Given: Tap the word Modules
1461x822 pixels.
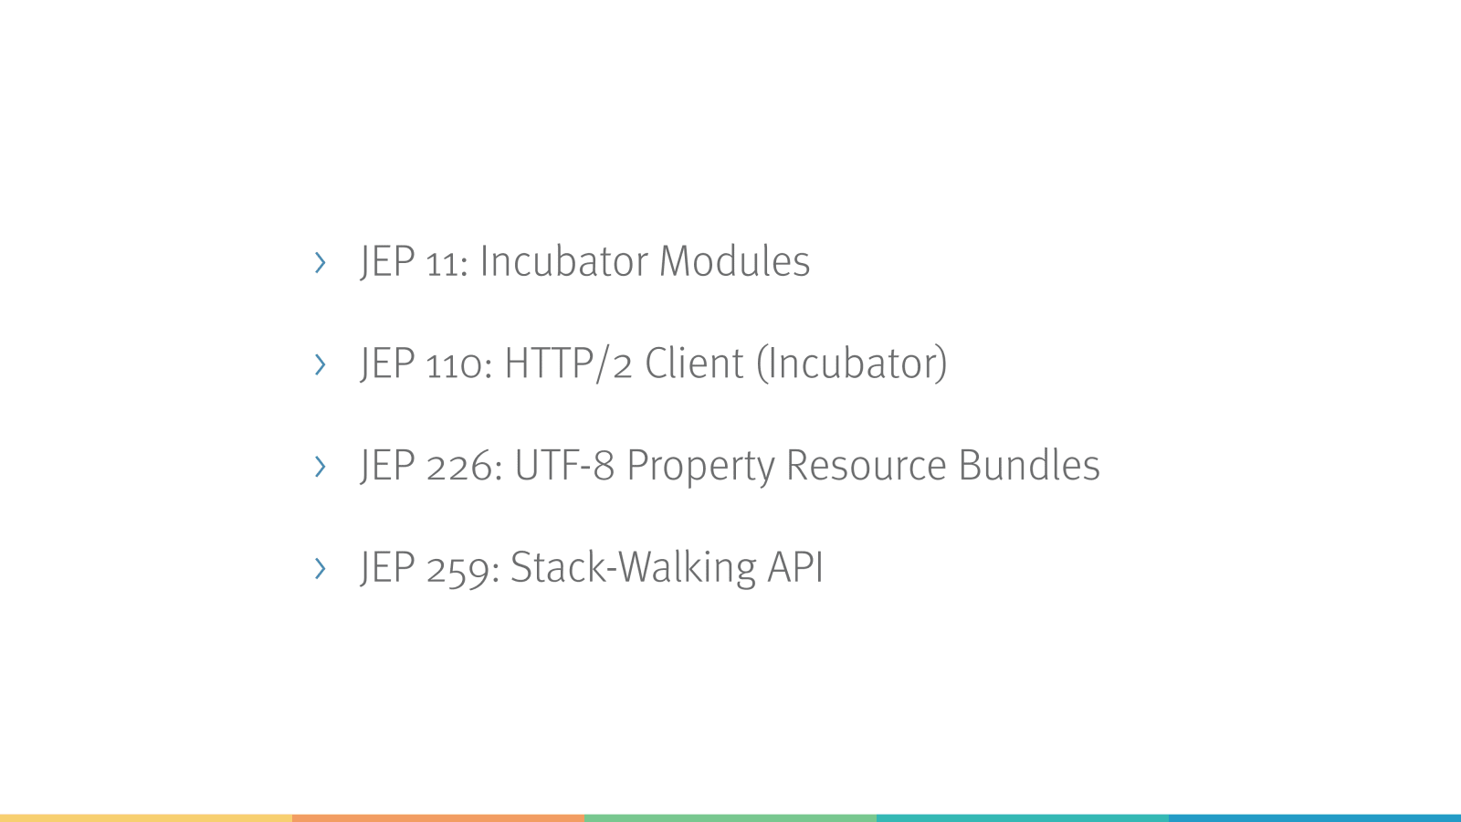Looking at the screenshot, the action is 734,261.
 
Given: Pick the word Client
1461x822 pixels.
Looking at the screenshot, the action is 694,363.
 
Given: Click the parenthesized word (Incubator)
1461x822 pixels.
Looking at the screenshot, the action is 852,364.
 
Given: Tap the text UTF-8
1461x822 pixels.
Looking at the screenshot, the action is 565,465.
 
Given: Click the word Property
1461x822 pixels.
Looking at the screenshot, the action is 700,467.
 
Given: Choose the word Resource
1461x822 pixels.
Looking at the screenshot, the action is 867,465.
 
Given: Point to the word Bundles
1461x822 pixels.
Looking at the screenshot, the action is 1029,465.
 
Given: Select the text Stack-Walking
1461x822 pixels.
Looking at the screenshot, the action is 634,566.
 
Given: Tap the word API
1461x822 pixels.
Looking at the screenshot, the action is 795,567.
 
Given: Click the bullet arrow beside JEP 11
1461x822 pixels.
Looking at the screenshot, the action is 320,262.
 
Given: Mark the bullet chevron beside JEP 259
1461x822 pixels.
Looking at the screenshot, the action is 320,568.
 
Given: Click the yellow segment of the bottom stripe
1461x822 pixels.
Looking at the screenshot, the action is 146,818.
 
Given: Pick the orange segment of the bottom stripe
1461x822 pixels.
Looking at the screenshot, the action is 438,818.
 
